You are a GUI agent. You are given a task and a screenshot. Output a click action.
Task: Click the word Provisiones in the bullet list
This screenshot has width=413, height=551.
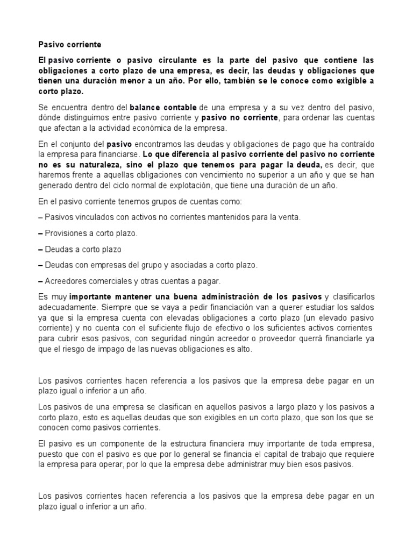[x=67, y=234]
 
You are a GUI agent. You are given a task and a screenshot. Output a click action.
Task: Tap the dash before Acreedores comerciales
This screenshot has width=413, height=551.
[x=40, y=281]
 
